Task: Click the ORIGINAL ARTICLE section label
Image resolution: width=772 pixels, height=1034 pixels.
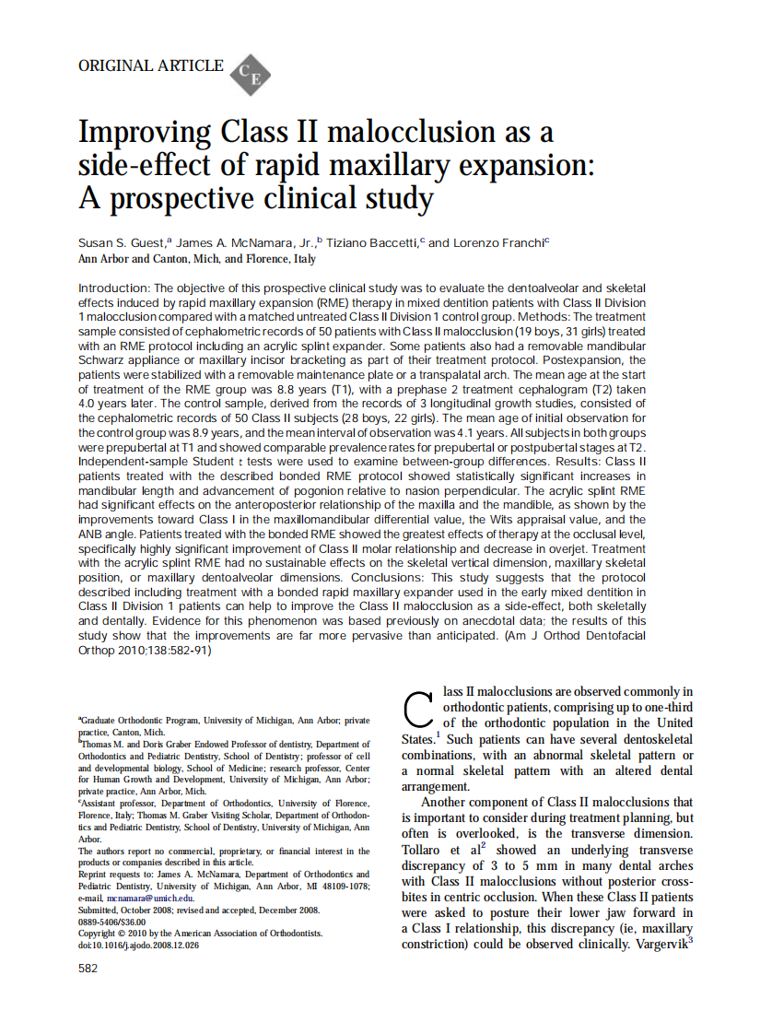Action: (x=151, y=65)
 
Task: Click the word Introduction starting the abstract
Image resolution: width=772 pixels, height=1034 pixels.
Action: (x=113, y=288)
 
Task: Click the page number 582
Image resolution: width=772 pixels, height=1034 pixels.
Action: (x=88, y=969)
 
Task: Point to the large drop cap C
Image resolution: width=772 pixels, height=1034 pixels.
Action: (x=418, y=710)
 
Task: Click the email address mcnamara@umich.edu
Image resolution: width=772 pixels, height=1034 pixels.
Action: (x=148, y=898)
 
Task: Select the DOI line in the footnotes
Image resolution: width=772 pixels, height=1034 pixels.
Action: (x=138, y=945)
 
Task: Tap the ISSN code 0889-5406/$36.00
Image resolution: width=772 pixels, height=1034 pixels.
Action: (x=111, y=921)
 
